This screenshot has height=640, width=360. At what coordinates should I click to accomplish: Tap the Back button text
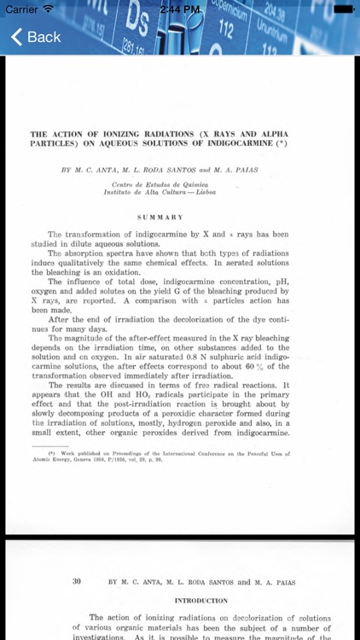44,37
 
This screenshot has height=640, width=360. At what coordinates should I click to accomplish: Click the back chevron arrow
16,37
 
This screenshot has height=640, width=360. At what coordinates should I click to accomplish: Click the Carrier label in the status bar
21,9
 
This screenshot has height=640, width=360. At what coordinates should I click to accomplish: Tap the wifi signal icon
49,9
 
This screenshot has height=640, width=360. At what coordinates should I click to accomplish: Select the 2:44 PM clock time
180,9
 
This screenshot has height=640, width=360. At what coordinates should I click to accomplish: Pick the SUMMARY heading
161,217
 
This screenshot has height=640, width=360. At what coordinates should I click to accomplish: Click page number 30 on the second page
77,582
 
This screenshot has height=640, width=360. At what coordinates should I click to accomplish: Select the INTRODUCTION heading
201,601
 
